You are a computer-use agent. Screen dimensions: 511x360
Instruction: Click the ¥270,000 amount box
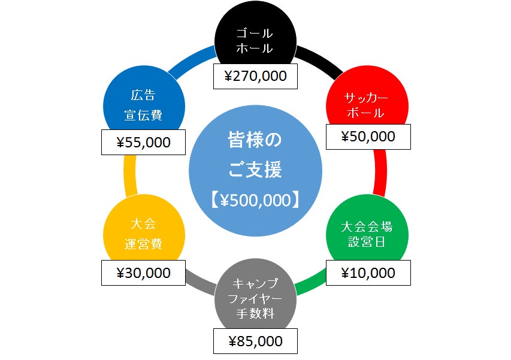(255, 76)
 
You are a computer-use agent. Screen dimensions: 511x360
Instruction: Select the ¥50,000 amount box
(368, 137)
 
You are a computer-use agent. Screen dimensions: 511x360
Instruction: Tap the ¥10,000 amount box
(368, 273)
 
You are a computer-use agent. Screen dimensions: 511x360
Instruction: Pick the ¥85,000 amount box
(255, 341)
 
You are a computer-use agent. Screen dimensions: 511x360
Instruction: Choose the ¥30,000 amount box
(143, 273)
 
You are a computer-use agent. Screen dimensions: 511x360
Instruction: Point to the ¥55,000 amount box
(143, 142)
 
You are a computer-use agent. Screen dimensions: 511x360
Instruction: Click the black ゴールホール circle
(255, 36)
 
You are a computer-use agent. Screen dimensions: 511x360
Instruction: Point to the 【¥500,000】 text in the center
(255, 200)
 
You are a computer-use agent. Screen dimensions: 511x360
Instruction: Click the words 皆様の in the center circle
(255, 140)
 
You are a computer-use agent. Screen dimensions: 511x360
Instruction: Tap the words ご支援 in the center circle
(255, 170)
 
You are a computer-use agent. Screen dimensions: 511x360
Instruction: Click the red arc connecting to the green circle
(380, 173)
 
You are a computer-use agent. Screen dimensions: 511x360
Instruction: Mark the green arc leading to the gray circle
(310, 281)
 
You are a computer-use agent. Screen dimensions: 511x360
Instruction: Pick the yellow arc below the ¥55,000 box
(130, 176)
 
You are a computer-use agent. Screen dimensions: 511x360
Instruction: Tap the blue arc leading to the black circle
(192, 61)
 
